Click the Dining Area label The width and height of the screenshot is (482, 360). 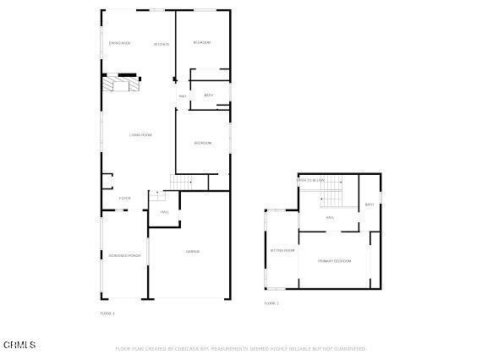[x=119, y=43]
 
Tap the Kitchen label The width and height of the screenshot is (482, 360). [x=161, y=44]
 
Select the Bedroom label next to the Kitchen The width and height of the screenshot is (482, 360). [x=201, y=42]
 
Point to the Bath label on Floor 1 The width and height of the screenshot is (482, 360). [x=208, y=95]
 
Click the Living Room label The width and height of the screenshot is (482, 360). [x=140, y=135]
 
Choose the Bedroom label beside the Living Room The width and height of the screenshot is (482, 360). [x=203, y=143]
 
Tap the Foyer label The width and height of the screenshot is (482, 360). [x=124, y=199]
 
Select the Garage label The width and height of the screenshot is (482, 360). [x=193, y=251]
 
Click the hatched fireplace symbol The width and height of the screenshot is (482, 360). [x=119, y=84]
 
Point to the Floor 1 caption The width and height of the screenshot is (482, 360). [x=107, y=314]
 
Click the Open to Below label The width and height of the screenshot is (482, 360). [x=310, y=180]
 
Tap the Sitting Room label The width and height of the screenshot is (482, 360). [x=282, y=250]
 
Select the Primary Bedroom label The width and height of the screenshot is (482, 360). [x=335, y=261]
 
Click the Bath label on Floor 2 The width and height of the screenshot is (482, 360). [x=369, y=205]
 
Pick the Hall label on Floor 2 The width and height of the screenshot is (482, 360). [x=330, y=217]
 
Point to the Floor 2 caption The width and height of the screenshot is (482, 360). [x=271, y=303]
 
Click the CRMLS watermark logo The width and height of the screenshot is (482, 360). [x=19, y=345]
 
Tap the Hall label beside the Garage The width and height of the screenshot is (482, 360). [x=165, y=212]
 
